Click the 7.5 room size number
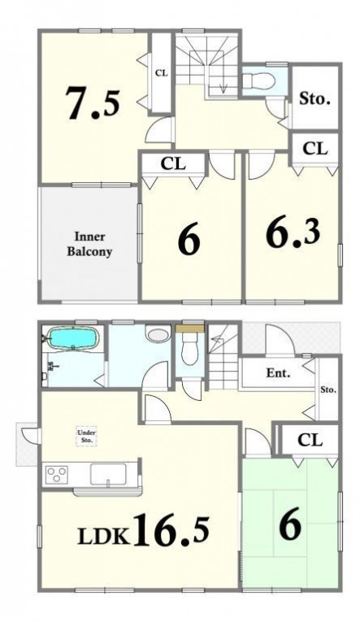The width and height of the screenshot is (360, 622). coord(93,102)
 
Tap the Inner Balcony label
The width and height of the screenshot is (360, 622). coord(89,244)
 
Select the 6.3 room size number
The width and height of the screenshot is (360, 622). coord(293,233)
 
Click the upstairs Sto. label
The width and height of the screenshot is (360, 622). coord(314,98)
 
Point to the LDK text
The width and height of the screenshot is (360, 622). coord(104,537)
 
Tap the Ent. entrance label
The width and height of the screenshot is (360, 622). coord(278,373)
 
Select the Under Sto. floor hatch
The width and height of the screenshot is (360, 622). coord(86,437)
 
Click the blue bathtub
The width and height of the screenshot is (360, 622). coord(73,337)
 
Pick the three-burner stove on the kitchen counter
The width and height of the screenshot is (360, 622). coord(58,474)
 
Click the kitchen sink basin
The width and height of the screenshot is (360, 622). coord(108,474)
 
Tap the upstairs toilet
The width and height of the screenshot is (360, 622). coord(258,81)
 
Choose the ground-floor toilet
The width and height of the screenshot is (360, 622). coord(189,348)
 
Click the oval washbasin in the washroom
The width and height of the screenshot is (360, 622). coord(158,333)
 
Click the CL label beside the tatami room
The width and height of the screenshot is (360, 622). coord(310,440)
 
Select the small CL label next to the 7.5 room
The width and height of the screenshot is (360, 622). coord(162,73)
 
